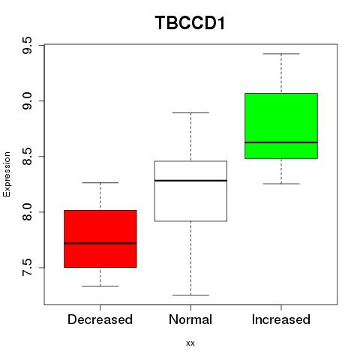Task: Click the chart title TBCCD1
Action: click(190, 23)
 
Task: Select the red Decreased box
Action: click(100, 238)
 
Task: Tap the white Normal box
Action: click(190, 191)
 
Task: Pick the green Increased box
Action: click(281, 126)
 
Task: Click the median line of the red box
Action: click(100, 243)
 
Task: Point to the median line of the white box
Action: click(190, 180)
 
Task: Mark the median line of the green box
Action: click(281, 142)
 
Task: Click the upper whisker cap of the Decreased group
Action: click(100, 183)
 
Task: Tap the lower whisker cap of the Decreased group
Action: click(100, 286)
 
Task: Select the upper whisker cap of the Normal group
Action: click(190, 112)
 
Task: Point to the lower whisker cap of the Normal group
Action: click(190, 295)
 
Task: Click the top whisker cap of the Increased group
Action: click(281, 54)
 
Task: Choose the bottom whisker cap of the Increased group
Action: click(281, 184)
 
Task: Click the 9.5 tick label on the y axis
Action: click(27, 45)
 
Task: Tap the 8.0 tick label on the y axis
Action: click(27, 212)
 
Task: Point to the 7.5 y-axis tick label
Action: click(27, 268)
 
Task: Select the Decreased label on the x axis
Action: click(100, 319)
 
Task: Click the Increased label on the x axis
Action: click(281, 319)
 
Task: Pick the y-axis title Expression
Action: click(7, 174)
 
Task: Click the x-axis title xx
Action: click(190, 343)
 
